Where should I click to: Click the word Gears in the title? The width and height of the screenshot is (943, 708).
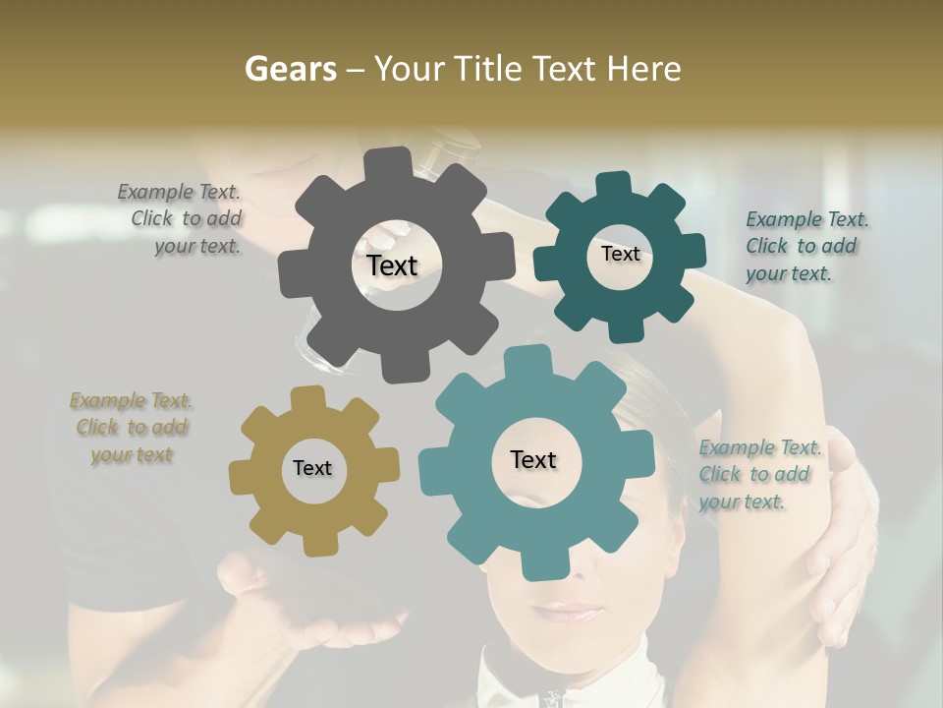click(x=291, y=69)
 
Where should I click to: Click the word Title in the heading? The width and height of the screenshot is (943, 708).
click(x=490, y=69)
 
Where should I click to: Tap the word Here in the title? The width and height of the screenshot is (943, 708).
click(x=642, y=69)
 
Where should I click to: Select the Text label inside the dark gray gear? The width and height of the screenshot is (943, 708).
click(x=393, y=265)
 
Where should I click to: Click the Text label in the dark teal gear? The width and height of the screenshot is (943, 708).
click(x=620, y=254)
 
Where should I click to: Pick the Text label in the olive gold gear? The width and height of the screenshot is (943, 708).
click(x=312, y=468)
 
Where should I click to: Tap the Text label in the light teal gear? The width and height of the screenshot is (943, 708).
click(x=533, y=459)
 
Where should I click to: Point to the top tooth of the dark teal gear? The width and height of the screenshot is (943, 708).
click(x=612, y=185)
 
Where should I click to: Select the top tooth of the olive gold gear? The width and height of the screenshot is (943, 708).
click(x=308, y=397)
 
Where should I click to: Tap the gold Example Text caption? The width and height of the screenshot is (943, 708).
click(x=131, y=427)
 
